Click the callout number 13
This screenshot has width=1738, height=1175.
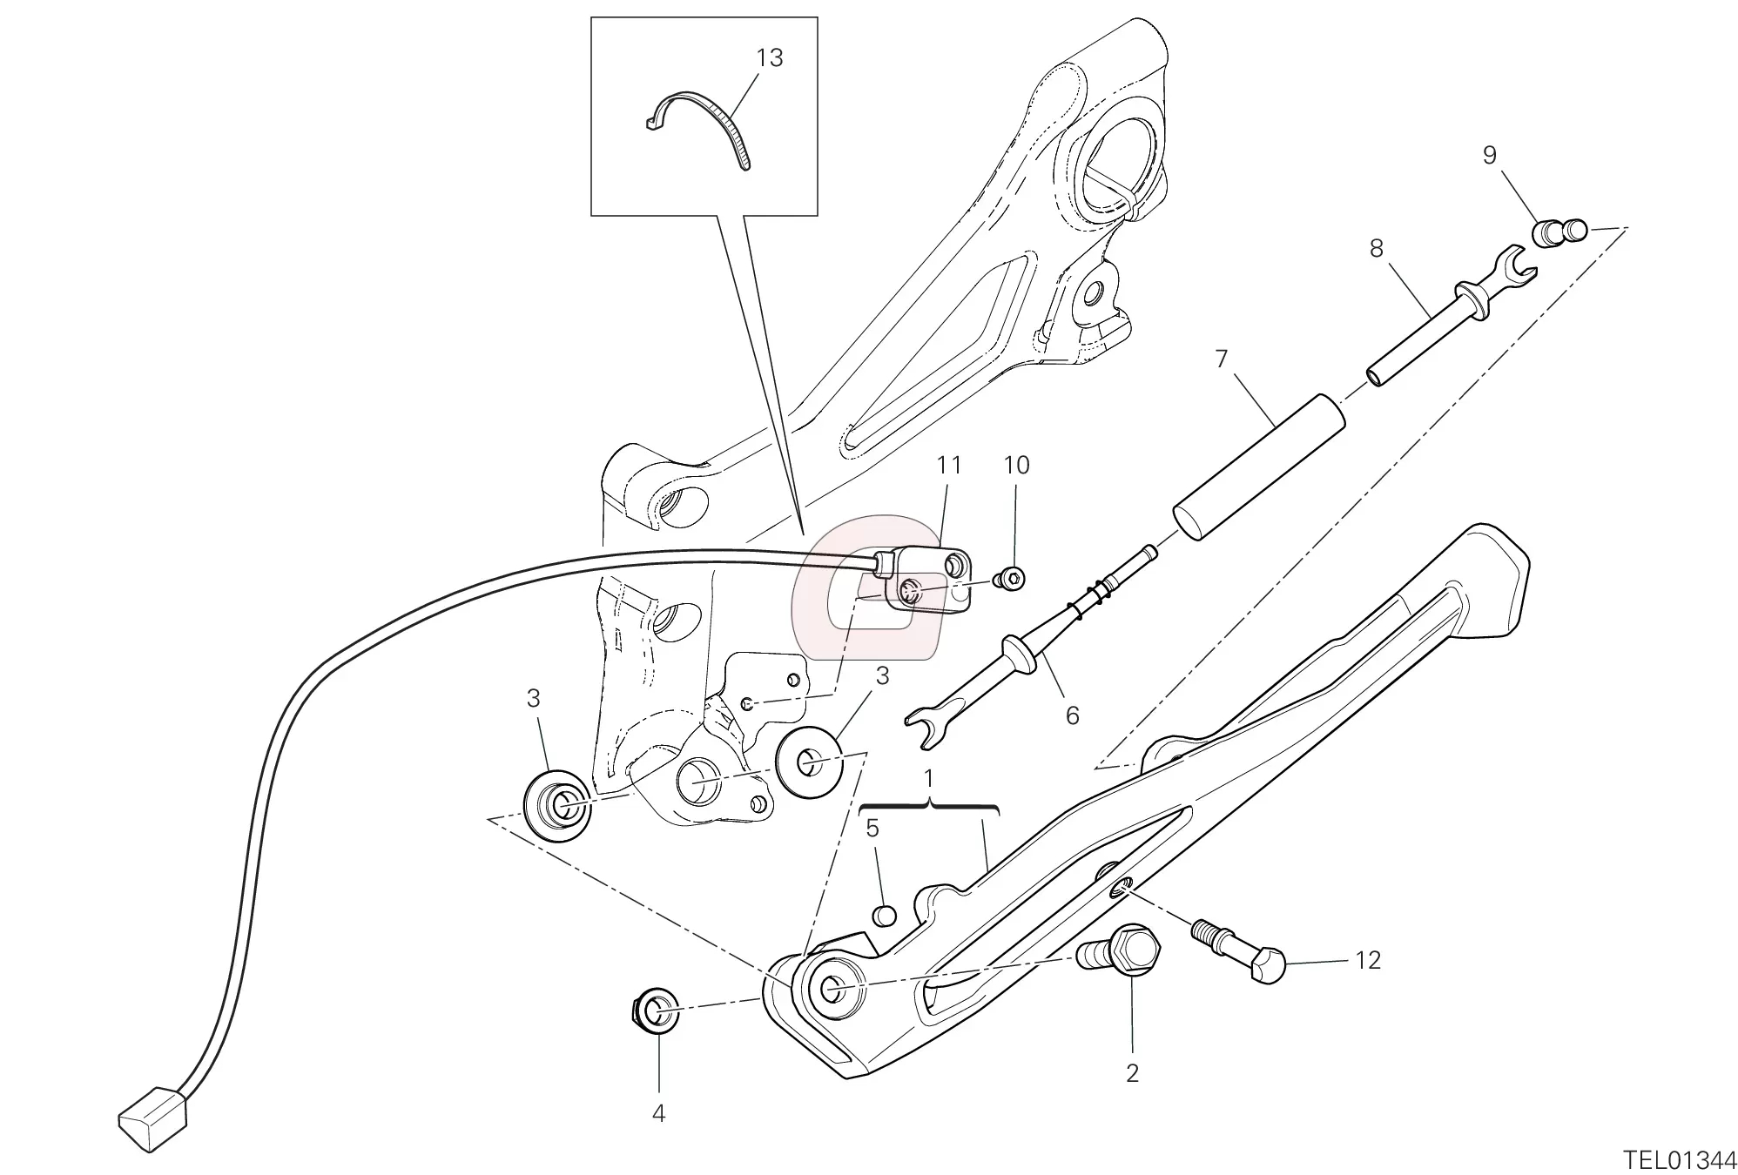770,58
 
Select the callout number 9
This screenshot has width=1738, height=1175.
1489,155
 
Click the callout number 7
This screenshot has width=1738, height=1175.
1221,359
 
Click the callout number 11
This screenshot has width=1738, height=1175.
949,466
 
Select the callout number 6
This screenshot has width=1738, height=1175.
1072,715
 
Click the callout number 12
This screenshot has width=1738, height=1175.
1368,960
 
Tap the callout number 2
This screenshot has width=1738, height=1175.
1132,1073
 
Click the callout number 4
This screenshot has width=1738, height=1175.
658,1113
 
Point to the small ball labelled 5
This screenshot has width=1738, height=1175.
884,915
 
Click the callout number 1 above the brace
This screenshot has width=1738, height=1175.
928,777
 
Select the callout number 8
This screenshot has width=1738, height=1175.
1376,249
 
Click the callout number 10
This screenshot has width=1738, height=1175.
1016,466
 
